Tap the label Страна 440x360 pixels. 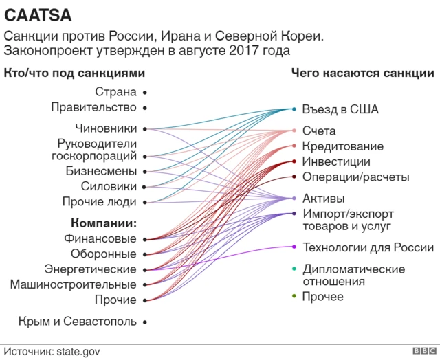click(115, 91)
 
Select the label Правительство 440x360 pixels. click(93, 107)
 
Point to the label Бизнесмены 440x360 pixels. click(101, 171)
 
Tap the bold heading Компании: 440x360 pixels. click(104, 223)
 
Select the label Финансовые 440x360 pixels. click(100, 239)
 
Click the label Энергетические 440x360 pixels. click(90, 269)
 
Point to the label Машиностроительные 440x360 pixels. click(73, 284)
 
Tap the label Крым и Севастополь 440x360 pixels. click(78, 321)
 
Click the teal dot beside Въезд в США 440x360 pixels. click(294, 109)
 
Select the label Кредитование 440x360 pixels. click(342, 146)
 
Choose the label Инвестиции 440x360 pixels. click(336, 162)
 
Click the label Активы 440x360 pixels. click(324, 199)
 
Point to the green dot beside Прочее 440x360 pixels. click(294, 296)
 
